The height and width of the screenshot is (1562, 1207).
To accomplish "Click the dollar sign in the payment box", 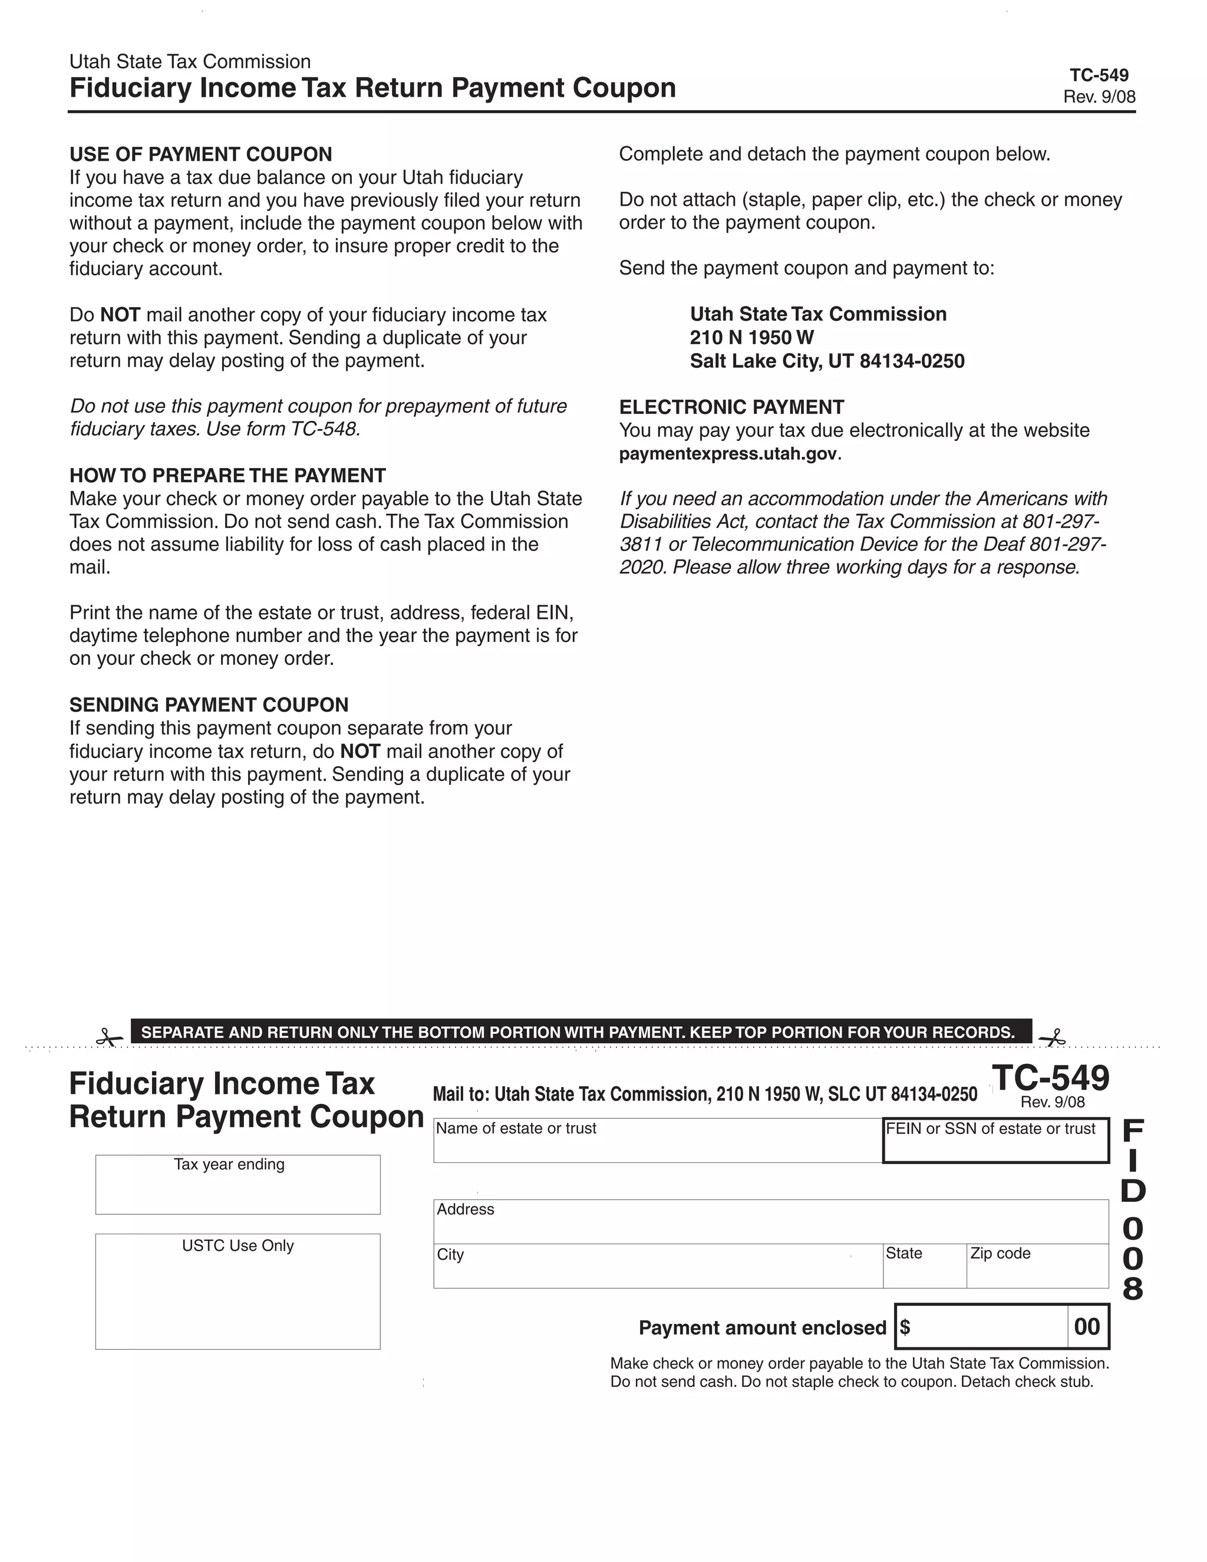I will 905,1327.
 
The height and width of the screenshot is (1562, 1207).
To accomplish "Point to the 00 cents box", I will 1087,1327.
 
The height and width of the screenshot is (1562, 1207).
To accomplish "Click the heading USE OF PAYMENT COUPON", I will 201,154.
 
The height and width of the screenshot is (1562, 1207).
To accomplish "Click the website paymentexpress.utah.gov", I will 728,454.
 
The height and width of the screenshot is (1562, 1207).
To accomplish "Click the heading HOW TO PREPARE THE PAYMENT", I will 227,476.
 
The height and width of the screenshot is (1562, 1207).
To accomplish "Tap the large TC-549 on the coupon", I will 1050,1078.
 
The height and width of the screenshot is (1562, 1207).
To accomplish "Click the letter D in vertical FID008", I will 1133,1191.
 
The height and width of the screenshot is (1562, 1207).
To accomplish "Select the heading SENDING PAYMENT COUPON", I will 209,705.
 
